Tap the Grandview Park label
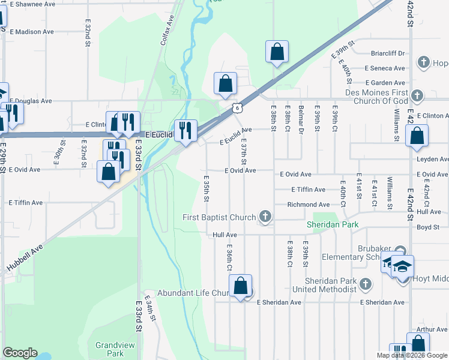(109, 349)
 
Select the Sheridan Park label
(333, 224)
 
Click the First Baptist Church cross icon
(264, 216)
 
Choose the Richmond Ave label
(309, 205)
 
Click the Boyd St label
(428, 227)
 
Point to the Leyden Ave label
(432, 160)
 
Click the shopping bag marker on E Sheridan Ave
(241, 287)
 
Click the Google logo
(20, 353)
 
